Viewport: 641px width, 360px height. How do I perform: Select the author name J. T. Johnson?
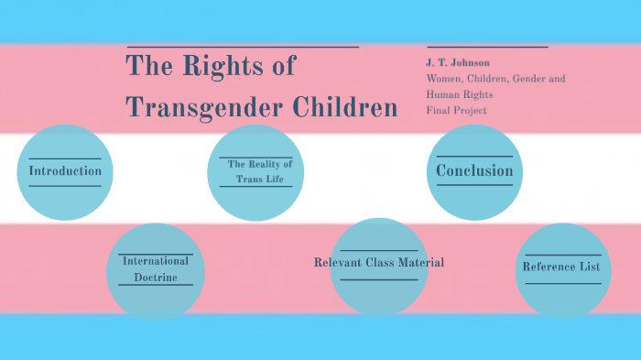pos(458,62)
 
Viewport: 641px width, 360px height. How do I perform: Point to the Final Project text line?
pos(456,110)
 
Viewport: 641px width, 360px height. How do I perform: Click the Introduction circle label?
pos(65,171)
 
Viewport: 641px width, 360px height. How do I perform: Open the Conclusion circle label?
pos(474,170)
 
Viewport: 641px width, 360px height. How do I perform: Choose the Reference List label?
pos(561,267)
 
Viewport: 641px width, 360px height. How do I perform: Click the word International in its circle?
pos(156,261)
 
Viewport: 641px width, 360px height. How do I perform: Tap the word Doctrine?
pos(156,277)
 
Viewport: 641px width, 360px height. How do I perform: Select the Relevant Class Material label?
pos(379,263)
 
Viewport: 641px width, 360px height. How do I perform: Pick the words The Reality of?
pos(260,164)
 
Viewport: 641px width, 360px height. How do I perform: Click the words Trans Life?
pos(261,179)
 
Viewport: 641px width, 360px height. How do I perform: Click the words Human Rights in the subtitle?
pos(460,94)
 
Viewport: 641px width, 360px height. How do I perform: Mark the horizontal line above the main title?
pos(243,47)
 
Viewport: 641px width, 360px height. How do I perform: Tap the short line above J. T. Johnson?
pos(487,47)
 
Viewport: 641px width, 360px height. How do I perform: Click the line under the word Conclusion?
pos(474,185)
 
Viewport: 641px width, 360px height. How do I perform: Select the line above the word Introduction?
pos(65,158)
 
